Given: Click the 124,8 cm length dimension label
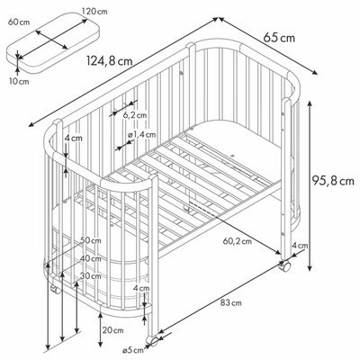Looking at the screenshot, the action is tap(110, 61).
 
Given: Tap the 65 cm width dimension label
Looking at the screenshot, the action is tap(279, 38).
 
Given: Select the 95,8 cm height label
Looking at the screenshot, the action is tap(333, 181).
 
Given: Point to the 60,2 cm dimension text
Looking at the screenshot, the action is tap(238, 240).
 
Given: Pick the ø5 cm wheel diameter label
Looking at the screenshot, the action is tap(133, 350).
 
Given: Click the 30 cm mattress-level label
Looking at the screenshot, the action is tap(91, 276).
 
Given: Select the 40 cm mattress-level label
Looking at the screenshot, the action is tap(91, 258).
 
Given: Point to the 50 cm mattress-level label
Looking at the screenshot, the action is tap(91, 240).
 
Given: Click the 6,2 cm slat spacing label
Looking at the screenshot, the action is tap(135, 115).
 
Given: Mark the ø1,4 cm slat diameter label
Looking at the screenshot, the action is tap(141, 135).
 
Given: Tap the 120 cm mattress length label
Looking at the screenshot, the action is tap(94, 12).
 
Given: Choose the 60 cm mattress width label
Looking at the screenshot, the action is tap(19, 22).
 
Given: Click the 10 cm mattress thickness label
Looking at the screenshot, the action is tap(19, 81).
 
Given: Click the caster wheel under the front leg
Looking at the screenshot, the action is tap(152, 341).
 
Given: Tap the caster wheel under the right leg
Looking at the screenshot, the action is tap(284, 265).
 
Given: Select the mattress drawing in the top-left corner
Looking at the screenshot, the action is tap(53, 42).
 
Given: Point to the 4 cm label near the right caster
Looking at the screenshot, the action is tap(300, 246).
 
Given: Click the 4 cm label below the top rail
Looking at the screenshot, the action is tap(74, 139).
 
